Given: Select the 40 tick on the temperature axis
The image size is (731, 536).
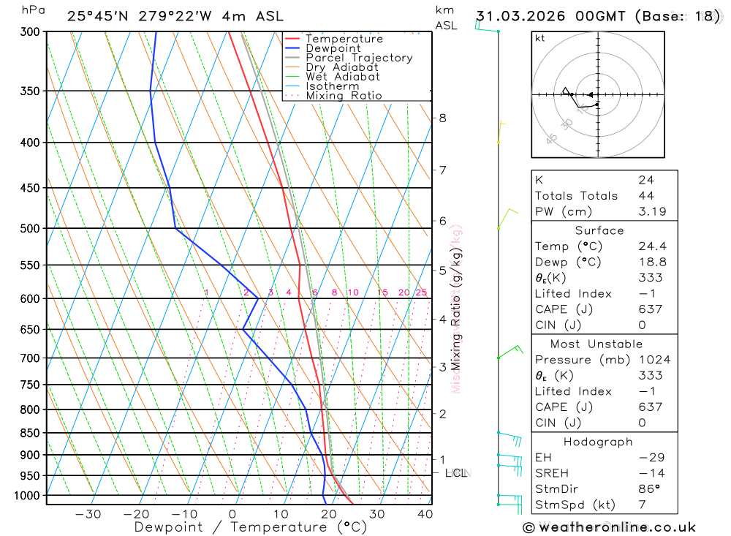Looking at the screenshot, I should [425, 514].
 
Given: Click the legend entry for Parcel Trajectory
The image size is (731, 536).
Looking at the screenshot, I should [359, 58].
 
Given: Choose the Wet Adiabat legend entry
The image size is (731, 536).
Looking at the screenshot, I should [343, 77].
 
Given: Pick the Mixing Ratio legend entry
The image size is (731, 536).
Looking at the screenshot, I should [344, 96].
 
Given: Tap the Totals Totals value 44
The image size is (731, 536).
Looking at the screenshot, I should [645, 196].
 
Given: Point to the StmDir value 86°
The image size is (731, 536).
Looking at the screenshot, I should [648, 489].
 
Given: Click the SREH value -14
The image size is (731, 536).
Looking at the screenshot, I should [650, 473].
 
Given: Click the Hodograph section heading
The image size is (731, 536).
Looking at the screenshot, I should [598, 442].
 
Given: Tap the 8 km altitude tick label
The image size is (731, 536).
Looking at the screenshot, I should [442, 118].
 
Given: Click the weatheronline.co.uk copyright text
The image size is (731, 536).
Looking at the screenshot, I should [609, 527].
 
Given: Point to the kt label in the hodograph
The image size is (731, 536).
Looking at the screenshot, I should [539, 39].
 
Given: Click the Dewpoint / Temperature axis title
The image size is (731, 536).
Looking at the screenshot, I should [250, 526].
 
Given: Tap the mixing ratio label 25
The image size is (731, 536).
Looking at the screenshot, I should [421, 292].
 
